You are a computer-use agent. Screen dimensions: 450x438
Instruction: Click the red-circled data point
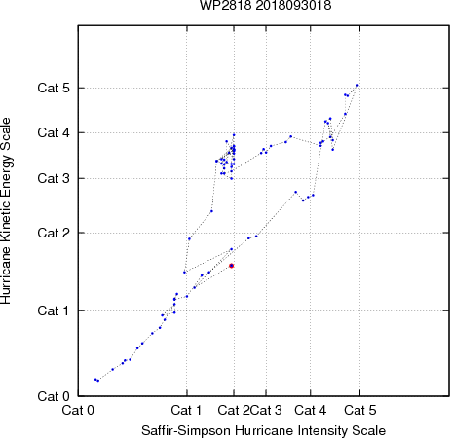click(x=232, y=266)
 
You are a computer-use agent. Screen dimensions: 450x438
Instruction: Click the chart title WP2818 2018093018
click(x=265, y=5)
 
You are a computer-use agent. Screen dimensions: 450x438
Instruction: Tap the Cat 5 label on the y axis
click(x=54, y=88)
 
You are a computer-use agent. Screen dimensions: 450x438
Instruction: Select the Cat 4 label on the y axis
click(x=54, y=132)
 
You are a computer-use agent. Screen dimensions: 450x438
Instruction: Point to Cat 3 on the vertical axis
click(x=54, y=178)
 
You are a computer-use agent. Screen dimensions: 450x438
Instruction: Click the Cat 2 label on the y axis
click(x=54, y=233)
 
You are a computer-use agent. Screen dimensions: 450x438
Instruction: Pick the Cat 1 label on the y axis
click(x=54, y=310)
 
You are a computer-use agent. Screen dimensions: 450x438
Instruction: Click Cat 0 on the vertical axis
click(x=54, y=396)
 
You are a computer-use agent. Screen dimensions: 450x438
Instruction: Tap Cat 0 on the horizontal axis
click(x=78, y=410)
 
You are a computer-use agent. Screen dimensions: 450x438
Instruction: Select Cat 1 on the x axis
click(x=186, y=410)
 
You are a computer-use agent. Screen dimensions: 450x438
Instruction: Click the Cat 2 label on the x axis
click(x=234, y=410)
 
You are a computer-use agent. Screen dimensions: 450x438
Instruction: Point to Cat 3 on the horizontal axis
click(x=266, y=410)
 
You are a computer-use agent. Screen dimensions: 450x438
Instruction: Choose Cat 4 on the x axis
click(x=311, y=410)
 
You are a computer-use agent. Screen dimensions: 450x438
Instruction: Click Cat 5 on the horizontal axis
click(x=360, y=410)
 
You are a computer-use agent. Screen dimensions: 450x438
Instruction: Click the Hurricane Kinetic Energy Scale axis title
click(x=6, y=211)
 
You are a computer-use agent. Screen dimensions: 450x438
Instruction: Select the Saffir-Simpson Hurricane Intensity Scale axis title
click(x=264, y=431)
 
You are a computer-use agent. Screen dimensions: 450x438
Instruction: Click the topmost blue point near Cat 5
click(x=357, y=86)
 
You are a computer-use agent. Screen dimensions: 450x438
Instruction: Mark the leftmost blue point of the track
click(x=95, y=380)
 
